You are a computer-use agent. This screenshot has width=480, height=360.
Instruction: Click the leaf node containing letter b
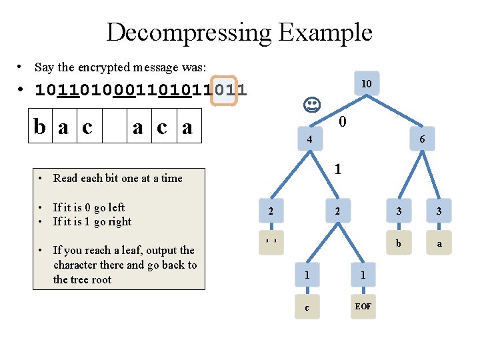(x=399, y=243)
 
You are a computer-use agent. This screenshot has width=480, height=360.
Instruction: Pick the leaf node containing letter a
(x=439, y=243)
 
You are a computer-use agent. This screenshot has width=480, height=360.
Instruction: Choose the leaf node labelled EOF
(x=363, y=307)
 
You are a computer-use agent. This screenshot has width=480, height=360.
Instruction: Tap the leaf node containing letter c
(x=307, y=307)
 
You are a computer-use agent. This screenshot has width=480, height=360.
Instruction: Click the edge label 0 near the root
(x=341, y=122)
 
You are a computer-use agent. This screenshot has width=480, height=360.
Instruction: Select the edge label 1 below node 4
(x=338, y=169)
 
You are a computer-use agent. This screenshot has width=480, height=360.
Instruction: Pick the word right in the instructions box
(x=119, y=222)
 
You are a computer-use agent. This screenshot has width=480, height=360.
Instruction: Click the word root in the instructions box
(x=101, y=279)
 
